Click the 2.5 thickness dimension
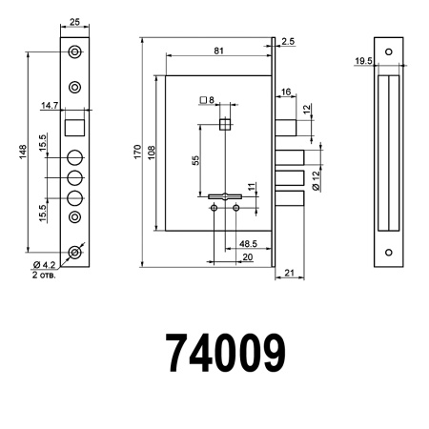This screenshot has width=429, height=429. [288, 41]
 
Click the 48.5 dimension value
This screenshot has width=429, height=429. [251, 244]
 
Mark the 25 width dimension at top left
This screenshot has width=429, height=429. [75, 22]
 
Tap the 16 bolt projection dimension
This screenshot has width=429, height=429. [286, 92]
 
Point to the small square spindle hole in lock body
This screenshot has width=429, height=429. [224, 123]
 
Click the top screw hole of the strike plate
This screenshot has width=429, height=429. [387, 51]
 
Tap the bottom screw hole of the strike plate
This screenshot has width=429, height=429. [387, 253]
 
